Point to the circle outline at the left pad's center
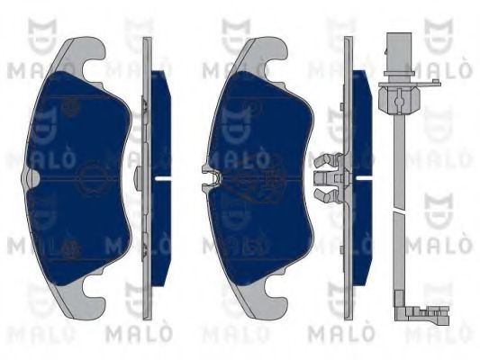pyautogui.click(x=91, y=178)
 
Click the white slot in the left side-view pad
pyautogui.click(x=163, y=177)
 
